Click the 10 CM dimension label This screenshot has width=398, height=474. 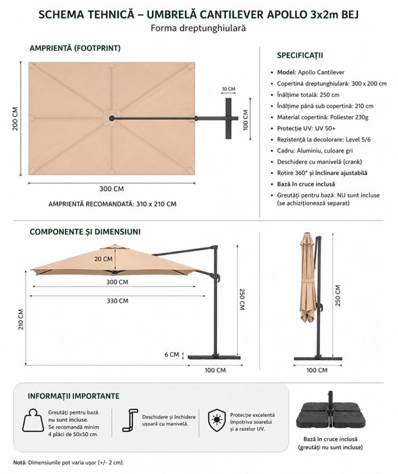(x=228, y=89)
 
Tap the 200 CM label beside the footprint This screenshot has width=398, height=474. (x=16, y=119)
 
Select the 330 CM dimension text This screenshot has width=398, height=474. (x=117, y=301)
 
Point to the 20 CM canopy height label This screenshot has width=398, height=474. (x=103, y=259)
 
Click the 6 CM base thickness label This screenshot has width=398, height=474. (x=172, y=354)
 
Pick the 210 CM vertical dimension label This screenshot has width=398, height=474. (x=21, y=319)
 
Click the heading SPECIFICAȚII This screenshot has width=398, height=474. (x=300, y=56)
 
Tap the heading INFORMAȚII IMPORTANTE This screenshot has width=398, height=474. (x=74, y=396)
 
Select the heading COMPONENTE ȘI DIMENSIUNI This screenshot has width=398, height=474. (x=85, y=232)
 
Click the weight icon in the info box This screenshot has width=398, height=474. (x=33, y=421)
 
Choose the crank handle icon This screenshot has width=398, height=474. (x=130, y=420)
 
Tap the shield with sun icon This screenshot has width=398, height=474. (x=217, y=420)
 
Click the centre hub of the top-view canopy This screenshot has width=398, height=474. (x=112, y=118)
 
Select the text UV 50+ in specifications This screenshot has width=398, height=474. (x=325, y=128)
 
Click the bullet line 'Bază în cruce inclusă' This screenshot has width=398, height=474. (x=306, y=184)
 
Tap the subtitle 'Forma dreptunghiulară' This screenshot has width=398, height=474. (x=198, y=28)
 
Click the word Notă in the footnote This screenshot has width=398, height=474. (x=20, y=462)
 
